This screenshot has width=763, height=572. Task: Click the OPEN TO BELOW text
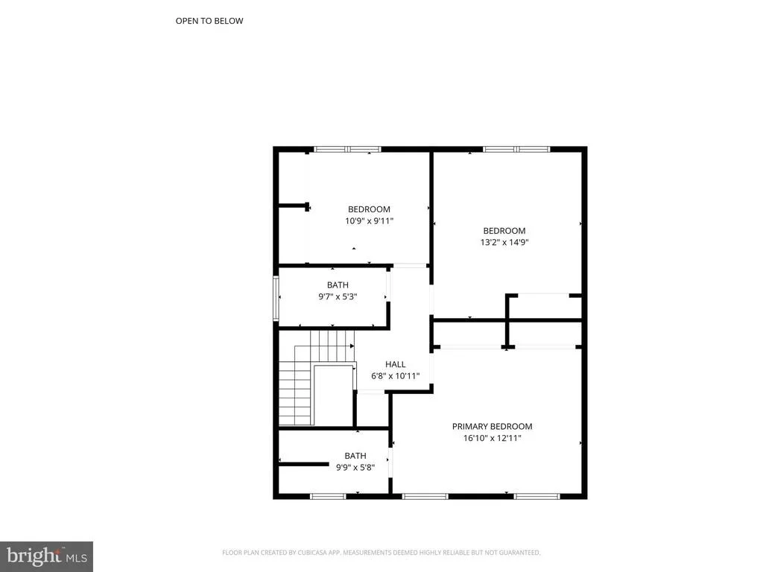(x=209, y=21)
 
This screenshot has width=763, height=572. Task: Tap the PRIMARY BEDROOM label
(x=492, y=427)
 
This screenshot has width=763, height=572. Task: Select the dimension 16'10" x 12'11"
(x=492, y=438)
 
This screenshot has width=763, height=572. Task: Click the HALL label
(x=395, y=364)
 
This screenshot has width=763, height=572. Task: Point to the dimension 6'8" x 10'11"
(x=395, y=376)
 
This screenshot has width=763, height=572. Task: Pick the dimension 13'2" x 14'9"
(x=504, y=242)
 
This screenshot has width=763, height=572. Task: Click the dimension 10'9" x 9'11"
(x=369, y=220)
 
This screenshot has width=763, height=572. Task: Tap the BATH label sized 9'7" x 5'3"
(x=338, y=285)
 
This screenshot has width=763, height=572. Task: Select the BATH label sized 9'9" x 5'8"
(x=355, y=456)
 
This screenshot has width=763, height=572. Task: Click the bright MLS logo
(x=46, y=556)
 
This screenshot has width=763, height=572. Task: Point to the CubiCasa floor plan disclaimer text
(x=381, y=553)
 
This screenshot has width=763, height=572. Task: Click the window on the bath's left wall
(x=276, y=298)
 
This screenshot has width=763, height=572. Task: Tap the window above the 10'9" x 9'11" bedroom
(x=347, y=149)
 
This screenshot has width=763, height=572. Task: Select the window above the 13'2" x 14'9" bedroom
(x=516, y=149)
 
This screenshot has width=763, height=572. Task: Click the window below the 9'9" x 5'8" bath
(x=328, y=496)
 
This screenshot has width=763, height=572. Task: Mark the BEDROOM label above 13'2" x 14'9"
(x=504, y=231)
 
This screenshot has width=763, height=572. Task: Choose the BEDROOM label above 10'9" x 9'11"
(x=369, y=209)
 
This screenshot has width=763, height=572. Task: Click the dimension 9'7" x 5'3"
(x=338, y=296)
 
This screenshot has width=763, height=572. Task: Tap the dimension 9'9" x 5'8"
(x=355, y=468)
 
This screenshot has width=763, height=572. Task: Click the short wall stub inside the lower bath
(x=304, y=465)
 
